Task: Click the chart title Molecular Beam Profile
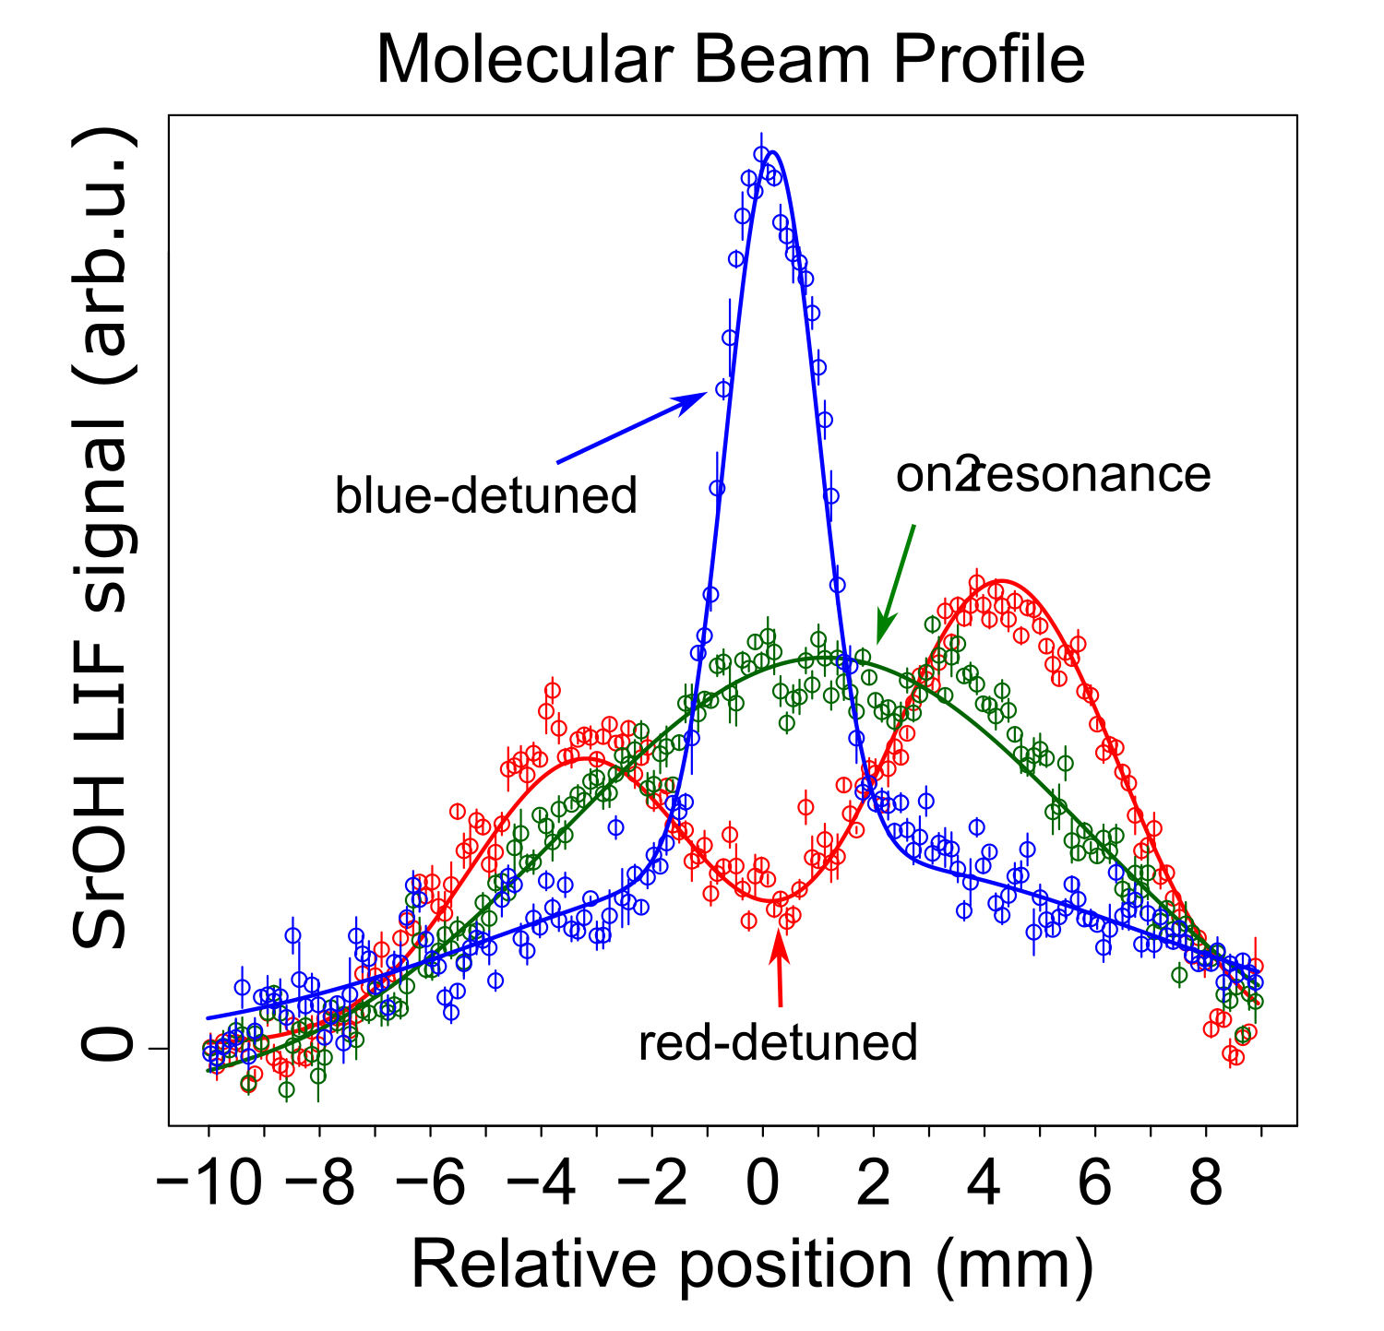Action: pos(730,60)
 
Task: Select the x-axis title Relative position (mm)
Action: pos(752,1264)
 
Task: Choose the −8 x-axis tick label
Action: pos(319,1182)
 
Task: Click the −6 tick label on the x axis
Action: pos(431,1182)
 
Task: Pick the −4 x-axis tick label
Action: pos(542,1182)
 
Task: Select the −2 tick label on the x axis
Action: pos(652,1182)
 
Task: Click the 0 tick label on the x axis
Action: pos(763,1182)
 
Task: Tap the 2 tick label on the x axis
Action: pos(874,1182)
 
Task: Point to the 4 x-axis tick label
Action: pos(984,1182)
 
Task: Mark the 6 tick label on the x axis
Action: pos(1095,1182)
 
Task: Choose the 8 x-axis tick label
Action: pos(1206,1182)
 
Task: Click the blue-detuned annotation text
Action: pos(486,496)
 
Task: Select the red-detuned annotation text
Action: pos(778,1043)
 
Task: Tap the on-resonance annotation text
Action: pos(1053,475)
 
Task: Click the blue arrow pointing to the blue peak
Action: pos(632,427)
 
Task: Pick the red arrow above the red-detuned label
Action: pos(780,969)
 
